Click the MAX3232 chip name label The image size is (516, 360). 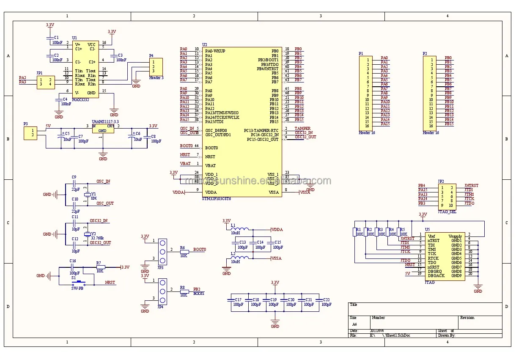coord(80,100)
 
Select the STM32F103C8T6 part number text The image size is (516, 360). coord(217,198)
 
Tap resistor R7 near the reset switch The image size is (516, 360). coord(100,267)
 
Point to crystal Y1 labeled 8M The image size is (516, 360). coord(88,194)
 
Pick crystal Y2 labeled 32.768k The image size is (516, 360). coord(88,234)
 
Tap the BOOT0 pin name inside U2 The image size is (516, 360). coord(211,148)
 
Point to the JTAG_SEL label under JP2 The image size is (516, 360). coord(447,211)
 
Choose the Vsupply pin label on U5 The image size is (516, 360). coord(455,236)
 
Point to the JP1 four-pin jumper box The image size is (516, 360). coord(46,82)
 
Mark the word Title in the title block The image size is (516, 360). coord(354,305)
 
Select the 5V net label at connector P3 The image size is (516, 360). coord(48,126)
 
